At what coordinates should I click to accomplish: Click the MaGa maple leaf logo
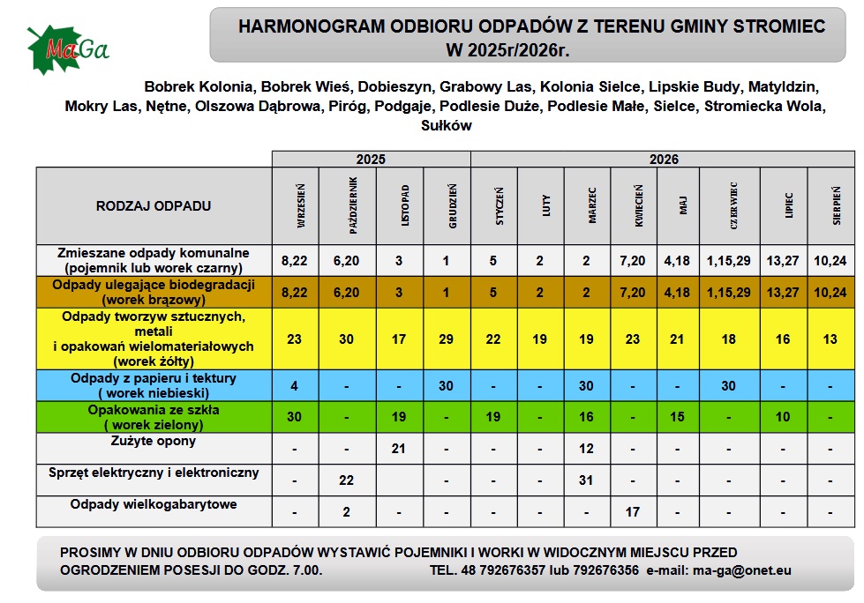coord(66,48)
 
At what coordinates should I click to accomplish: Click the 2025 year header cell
coord(371,160)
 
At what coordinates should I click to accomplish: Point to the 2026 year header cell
coord(664,160)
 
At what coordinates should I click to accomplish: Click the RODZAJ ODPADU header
coord(154,206)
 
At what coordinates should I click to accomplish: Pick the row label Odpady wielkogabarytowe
coord(154,505)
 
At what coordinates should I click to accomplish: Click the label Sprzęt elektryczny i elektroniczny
coord(154,473)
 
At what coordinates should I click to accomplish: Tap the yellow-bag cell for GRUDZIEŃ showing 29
coord(447,338)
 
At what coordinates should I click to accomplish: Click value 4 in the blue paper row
coord(294,385)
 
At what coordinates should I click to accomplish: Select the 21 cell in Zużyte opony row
coord(399,449)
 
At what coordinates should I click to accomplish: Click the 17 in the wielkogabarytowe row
coord(633,511)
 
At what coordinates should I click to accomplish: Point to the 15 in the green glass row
coord(677,417)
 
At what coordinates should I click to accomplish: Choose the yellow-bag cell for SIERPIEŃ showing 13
coord(830,338)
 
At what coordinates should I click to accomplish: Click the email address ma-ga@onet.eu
coord(742,570)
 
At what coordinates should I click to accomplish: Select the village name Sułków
coord(447,126)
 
